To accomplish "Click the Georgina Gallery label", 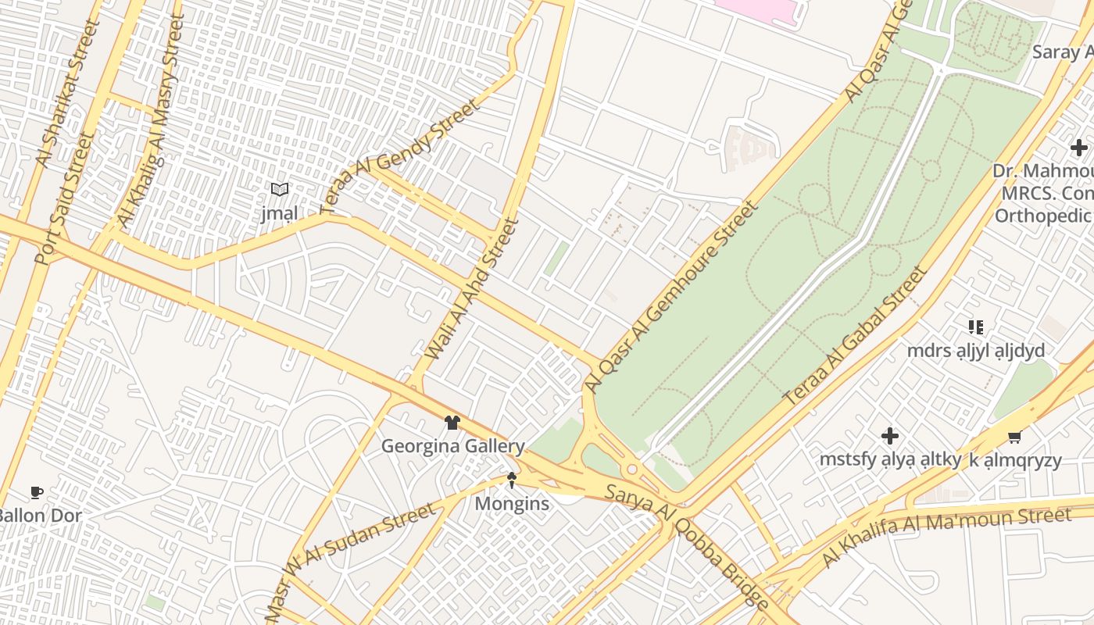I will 452,446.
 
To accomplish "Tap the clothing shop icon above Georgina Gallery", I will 452,423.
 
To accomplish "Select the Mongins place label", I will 512,504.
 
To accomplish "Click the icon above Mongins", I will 512,480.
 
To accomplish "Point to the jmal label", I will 279,213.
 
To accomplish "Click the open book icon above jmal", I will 279,189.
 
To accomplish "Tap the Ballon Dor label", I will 39,516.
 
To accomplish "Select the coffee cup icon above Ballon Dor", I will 36,492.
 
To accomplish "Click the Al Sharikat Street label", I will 69,94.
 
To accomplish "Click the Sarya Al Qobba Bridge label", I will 688,545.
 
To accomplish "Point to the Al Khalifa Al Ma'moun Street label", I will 946,537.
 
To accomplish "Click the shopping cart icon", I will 1014,437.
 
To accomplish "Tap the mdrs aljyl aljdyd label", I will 975,351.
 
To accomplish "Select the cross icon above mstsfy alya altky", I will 889,436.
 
